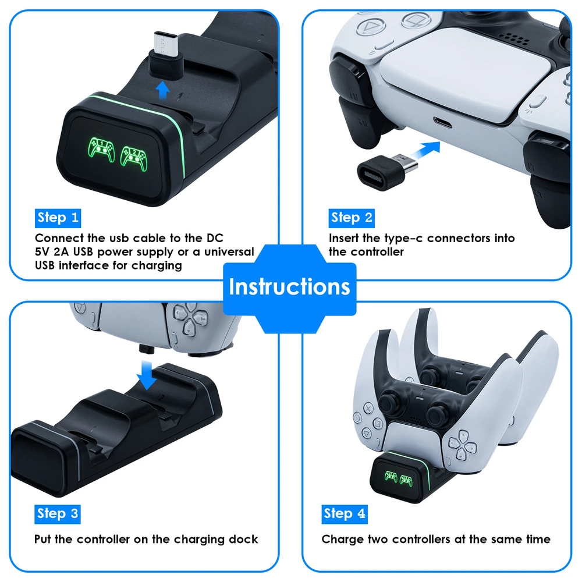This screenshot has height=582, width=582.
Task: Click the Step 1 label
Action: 58,218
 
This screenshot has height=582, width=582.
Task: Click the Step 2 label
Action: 352,218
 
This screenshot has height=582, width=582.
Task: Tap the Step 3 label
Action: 58,513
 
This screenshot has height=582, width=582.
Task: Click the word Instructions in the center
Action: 289,286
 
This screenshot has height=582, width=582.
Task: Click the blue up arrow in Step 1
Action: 164,90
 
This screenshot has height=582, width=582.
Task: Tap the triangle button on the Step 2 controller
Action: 368,26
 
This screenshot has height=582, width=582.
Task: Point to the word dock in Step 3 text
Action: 244,540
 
